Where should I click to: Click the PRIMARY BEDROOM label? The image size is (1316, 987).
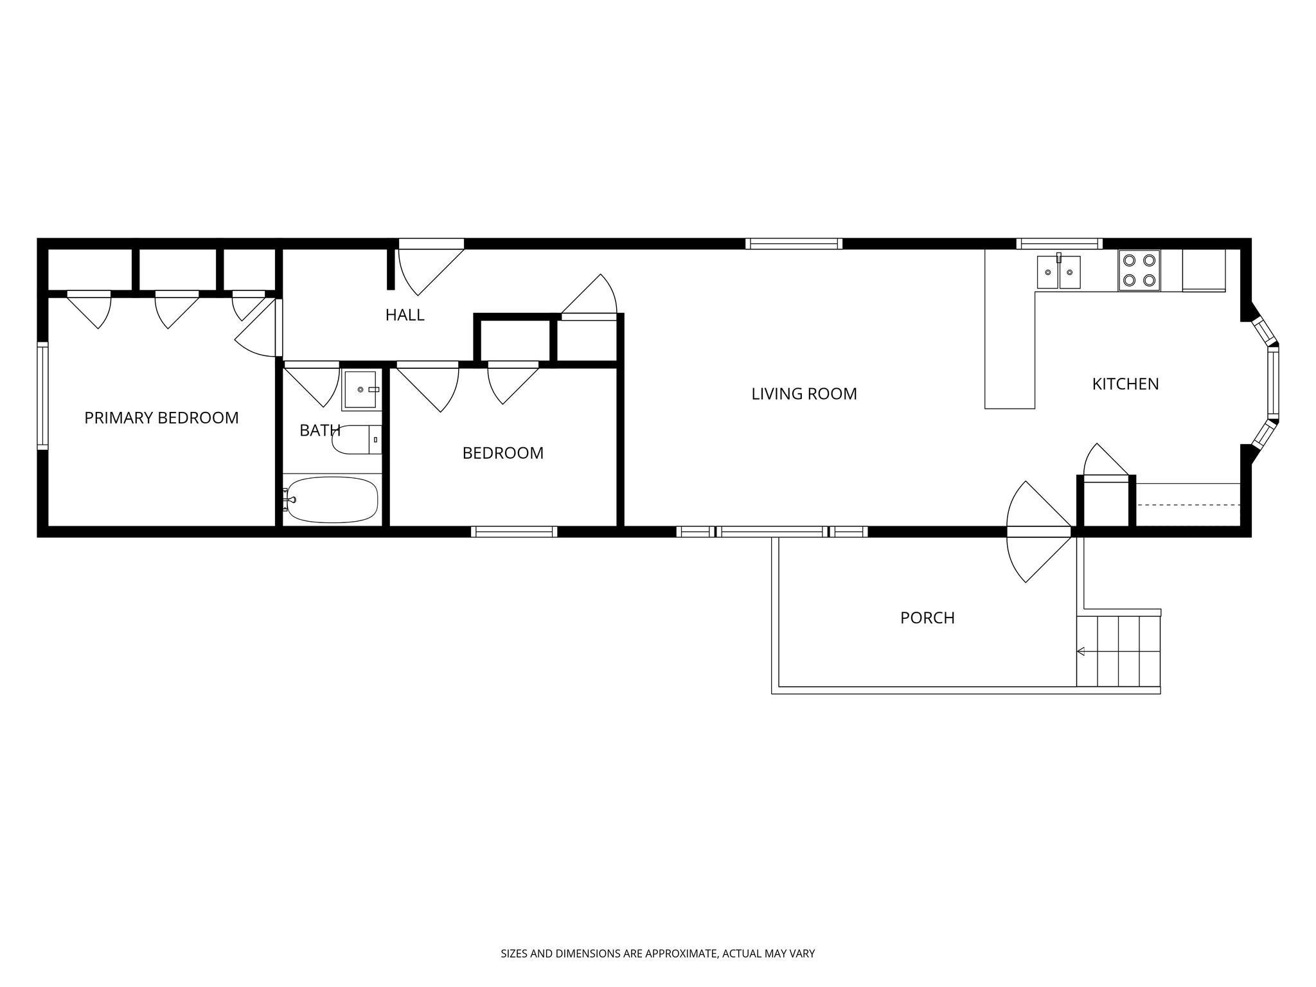[x=161, y=418]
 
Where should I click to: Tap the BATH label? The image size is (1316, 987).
[x=319, y=431]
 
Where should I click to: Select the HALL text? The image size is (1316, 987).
[x=405, y=315]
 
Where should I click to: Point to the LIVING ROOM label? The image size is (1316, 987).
[x=804, y=394]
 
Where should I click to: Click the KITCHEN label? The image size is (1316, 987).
[x=1125, y=384]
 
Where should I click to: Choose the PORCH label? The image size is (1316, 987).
[x=927, y=618]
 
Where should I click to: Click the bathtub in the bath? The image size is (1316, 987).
[x=332, y=499]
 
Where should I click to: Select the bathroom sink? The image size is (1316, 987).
[x=360, y=389]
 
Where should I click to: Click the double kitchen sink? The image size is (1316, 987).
[x=1058, y=273]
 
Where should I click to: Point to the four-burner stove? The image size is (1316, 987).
[x=1139, y=271]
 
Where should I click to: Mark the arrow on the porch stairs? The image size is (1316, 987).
[x=1081, y=652]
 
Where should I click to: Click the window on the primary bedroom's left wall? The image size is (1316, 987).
[x=42, y=395]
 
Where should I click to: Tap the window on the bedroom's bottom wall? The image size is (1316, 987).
[x=514, y=531]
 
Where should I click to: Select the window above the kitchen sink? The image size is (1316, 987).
[x=1059, y=244]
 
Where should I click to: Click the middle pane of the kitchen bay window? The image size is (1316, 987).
[x=1273, y=384]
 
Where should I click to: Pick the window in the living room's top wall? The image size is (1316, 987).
[x=794, y=244]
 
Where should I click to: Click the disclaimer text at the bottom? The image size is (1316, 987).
[x=657, y=954]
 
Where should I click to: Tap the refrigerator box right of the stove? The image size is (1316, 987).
[x=1204, y=271]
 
